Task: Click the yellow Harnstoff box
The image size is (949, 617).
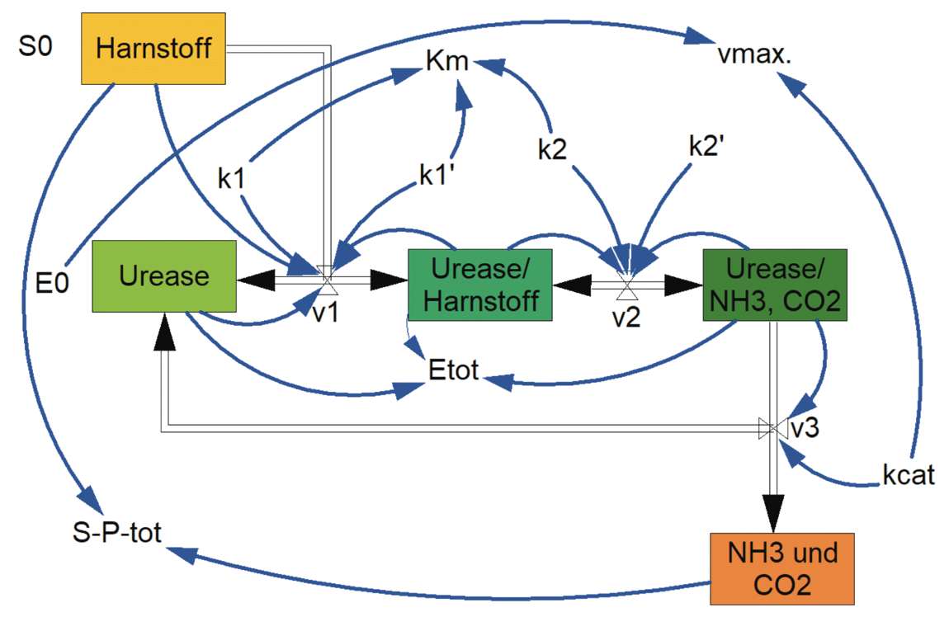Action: pyautogui.click(x=153, y=48)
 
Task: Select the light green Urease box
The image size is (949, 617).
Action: pyautogui.click(x=164, y=276)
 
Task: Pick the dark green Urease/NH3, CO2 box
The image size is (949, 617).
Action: pyautogui.click(x=774, y=285)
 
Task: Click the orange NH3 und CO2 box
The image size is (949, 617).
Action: pyautogui.click(x=782, y=568)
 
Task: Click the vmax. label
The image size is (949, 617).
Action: pyautogui.click(x=756, y=56)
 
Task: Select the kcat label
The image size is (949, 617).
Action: pyautogui.click(x=908, y=477)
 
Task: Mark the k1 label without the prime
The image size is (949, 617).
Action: pyautogui.click(x=232, y=179)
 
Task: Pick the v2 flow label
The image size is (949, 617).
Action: pyautogui.click(x=626, y=316)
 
